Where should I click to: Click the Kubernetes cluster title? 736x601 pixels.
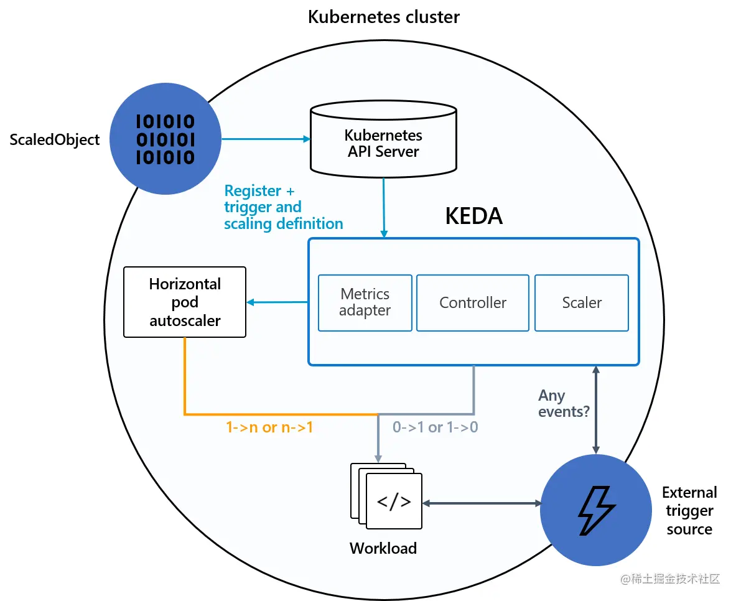(384, 17)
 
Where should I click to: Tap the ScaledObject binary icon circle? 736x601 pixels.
(165, 139)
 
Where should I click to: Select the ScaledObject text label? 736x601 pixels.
(55, 140)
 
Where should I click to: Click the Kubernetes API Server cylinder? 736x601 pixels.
(383, 140)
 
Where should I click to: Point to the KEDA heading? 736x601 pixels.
(473, 216)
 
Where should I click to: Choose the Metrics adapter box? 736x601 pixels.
(365, 302)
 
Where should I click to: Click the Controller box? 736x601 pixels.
(473, 302)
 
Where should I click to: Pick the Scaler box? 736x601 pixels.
(582, 302)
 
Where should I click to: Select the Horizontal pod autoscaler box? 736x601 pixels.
(185, 302)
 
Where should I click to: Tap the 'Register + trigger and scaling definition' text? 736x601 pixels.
(283, 207)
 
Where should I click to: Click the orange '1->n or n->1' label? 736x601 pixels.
(269, 428)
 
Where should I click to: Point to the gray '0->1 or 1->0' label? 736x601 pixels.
(435, 428)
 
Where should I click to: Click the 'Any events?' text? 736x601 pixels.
(563, 403)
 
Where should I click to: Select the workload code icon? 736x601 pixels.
(394, 501)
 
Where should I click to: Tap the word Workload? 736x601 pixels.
(383, 548)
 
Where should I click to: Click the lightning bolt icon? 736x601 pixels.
(595, 510)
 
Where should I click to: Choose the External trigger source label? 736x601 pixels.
(689, 511)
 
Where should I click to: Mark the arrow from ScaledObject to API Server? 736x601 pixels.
(266, 139)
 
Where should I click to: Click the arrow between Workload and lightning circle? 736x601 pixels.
(481, 502)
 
